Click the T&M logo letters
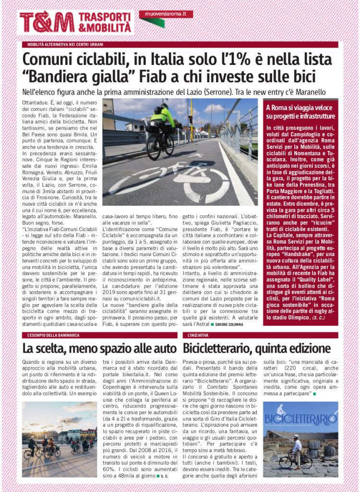click(x=47, y=22)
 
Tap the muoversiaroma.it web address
click(x=166, y=14)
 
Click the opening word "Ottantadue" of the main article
click(x=37, y=102)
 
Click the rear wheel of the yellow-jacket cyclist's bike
click(x=154, y=148)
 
